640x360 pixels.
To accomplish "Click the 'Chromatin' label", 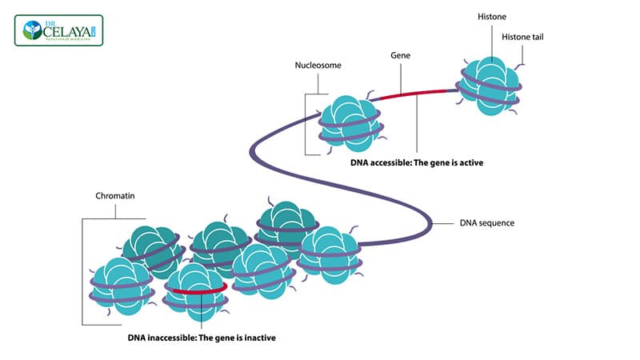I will click(x=114, y=194).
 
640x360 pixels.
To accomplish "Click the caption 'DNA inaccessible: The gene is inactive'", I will click(x=201, y=337).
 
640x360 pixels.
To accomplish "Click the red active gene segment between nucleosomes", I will click(x=413, y=94).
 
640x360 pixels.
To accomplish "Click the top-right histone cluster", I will click(x=490, y=85).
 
